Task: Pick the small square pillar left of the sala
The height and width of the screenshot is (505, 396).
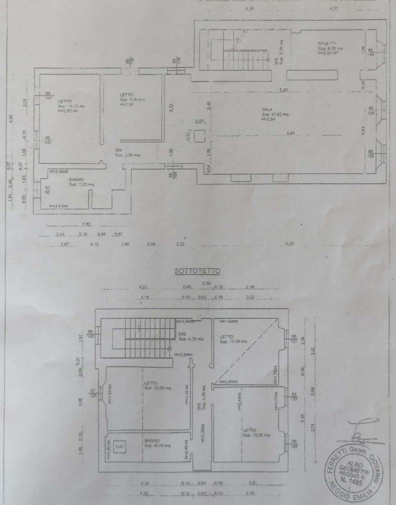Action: (x=200, y=136)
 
